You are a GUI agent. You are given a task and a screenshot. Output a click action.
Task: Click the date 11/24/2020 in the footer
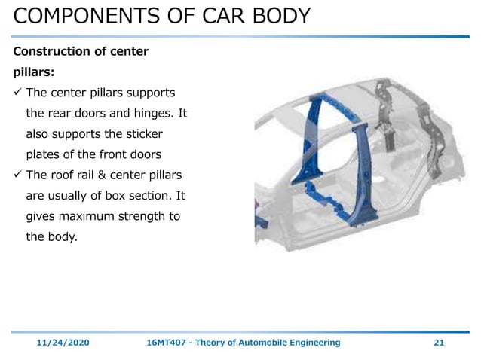coord(63,343)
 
